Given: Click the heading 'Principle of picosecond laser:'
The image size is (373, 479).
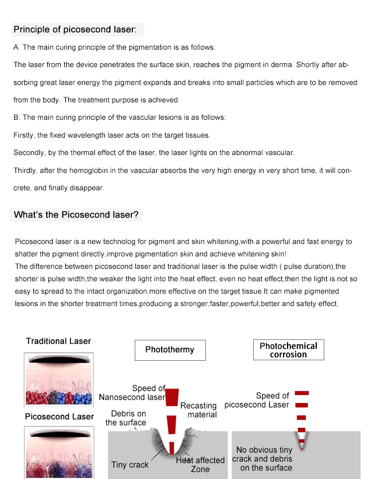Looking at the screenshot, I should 74,29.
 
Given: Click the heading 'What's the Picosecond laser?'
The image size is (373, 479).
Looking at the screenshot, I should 77,215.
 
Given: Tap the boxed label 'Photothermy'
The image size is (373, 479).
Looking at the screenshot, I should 170,350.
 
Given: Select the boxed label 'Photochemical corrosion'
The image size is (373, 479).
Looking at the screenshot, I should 288,350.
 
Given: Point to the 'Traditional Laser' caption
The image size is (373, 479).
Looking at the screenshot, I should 59,341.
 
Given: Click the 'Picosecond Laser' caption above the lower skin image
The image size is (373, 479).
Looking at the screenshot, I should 59,416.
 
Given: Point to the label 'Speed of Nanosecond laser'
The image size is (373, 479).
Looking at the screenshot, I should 132,393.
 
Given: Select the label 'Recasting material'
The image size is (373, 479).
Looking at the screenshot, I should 199,410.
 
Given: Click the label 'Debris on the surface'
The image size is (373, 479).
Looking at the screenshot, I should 126,418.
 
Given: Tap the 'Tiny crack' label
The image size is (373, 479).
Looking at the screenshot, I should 130,465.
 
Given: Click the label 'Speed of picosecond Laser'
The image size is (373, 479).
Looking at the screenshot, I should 257,400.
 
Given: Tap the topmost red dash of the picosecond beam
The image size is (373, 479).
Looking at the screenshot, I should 302,393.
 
